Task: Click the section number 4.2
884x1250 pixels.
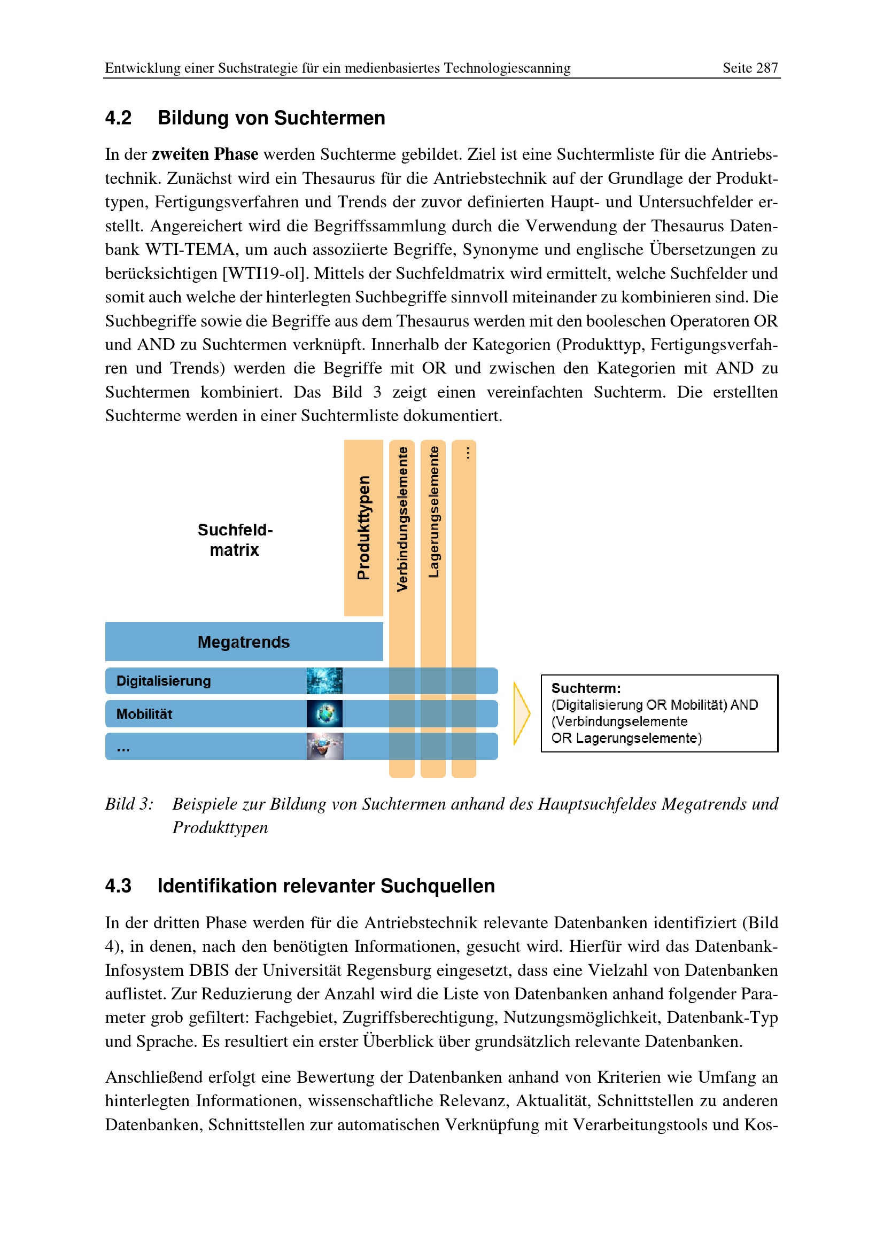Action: [118, 118]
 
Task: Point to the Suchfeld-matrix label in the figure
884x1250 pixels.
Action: [235, 540]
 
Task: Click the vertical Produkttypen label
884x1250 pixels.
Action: [363, 527]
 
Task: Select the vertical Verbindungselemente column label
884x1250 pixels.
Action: [402, 519]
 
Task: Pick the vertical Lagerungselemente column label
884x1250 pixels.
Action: [433, 512]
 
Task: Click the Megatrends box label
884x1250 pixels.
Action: [243, 642]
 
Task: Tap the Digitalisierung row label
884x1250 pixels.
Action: [164, 681]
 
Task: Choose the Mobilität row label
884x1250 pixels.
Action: [144, 715]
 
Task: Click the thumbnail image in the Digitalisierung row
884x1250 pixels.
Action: [324, 680]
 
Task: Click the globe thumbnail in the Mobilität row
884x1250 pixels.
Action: [324, 714]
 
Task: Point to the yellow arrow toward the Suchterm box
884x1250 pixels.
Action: [521, 713]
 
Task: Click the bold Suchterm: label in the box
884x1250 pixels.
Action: [586, 688]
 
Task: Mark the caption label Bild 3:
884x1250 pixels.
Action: [129, 804]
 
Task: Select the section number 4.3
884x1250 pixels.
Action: [118, 886]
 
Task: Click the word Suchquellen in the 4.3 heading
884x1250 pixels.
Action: [437, 886]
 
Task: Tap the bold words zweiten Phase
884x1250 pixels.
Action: [205, 154]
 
